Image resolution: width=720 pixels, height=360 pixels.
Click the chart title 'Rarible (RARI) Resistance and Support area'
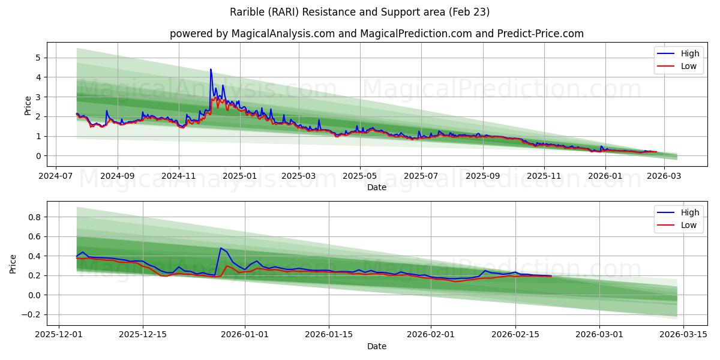tap(359, 12)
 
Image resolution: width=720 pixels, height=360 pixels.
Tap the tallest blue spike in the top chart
tap(211, 70)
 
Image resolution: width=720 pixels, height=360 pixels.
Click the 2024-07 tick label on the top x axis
tap(56, 176)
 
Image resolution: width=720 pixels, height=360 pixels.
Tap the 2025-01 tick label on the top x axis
tap(240, 176)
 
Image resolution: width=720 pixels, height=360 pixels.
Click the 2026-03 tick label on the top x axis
tap(664, 176)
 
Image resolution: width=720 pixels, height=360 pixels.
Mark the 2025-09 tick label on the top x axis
tap(482, 176)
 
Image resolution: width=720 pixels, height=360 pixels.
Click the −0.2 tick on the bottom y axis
tap(32, 315)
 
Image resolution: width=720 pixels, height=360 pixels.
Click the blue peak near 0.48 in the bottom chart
tap(221, 248)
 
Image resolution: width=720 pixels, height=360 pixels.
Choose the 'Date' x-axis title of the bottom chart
tap(376, 346)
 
